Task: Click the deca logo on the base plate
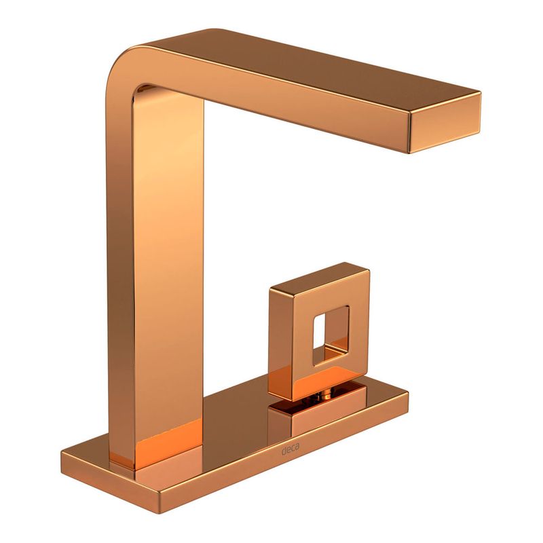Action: [291, 449]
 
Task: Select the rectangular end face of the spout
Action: [445, 123]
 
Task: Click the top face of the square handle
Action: [318, 276]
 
